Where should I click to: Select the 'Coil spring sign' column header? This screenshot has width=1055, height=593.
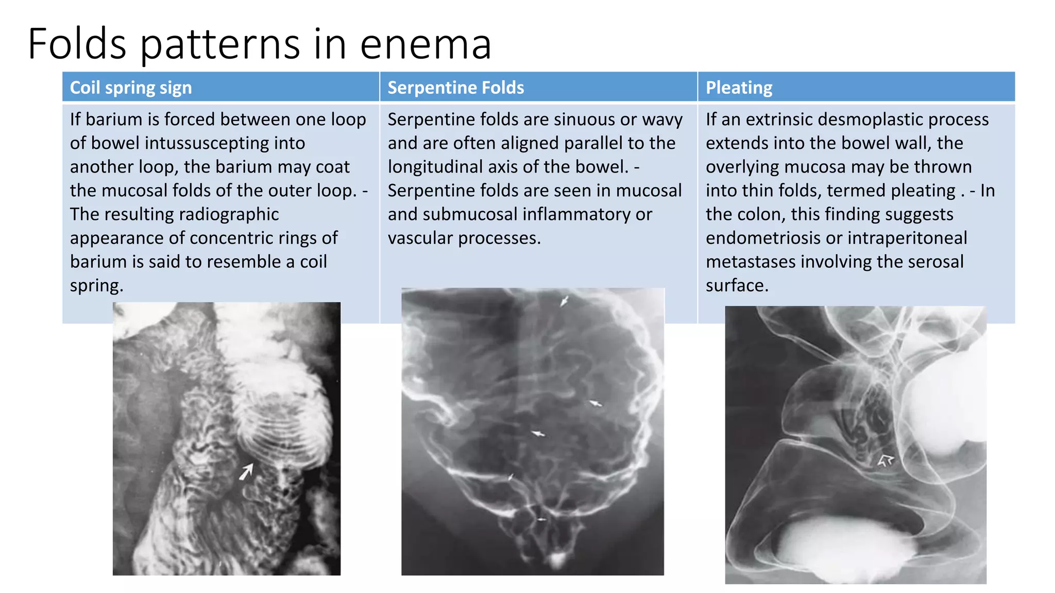pos(131,88)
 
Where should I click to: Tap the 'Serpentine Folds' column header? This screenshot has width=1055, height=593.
pos(455,88)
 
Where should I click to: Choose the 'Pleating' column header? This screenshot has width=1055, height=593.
pos(739,88)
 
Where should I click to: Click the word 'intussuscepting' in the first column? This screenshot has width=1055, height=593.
pos(225,143)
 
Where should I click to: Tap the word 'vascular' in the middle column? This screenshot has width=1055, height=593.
pos(420,238)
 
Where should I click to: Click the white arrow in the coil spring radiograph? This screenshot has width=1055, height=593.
pos(247,470)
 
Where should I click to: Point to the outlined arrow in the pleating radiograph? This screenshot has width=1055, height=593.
pos(886,460)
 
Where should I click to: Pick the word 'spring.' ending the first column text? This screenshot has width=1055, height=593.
pos(96,286)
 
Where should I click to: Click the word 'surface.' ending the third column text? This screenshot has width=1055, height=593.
pos(737,285)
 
